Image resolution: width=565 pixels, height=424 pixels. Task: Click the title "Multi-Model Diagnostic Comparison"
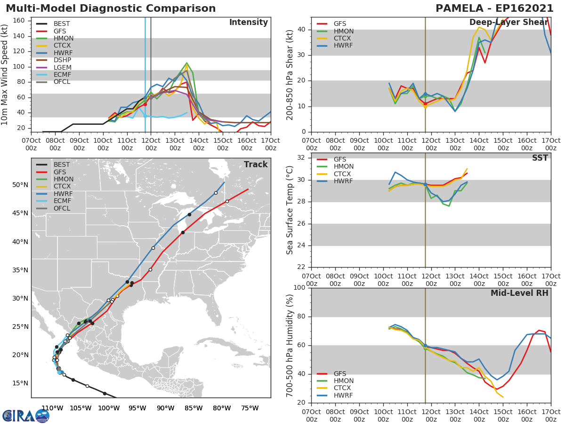111,8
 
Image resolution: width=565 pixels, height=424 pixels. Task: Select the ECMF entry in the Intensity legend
63,75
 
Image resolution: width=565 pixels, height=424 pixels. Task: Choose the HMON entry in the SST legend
343,167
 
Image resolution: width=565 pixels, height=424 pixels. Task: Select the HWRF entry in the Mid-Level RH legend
343,395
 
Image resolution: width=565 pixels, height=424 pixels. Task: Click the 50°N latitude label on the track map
19,185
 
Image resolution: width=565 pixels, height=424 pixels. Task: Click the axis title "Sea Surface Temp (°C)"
290,210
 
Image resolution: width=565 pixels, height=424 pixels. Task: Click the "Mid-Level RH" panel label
519,293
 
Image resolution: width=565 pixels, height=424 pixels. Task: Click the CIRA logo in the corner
26,416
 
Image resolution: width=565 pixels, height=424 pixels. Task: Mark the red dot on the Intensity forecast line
145,104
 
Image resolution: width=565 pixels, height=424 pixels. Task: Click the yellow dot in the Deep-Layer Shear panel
425,106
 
